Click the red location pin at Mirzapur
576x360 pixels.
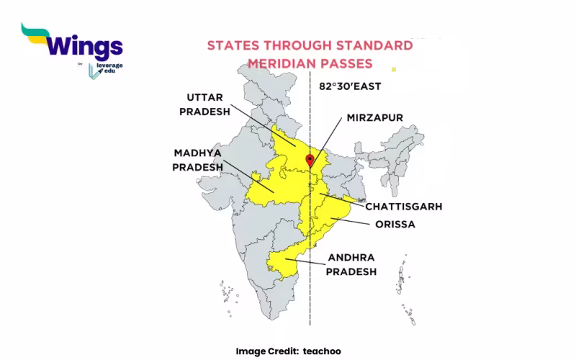click(x=310, y=159)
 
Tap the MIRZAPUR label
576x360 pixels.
click(x=374, y=117)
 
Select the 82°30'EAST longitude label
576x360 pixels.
click(x=350, y=86)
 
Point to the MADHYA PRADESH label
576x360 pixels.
click(x=197, y=160)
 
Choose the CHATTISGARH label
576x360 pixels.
click(x=403, y=207)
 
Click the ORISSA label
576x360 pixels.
click(x=395, y=224)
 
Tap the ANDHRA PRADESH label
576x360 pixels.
click(x=351, y=264)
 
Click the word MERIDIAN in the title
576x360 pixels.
click(x=282, y=63)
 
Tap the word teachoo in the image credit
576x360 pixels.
click(x=323, y=351)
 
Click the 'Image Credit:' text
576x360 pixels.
click(x=266, y=351)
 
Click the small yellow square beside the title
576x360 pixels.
click(x=393, y=69)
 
